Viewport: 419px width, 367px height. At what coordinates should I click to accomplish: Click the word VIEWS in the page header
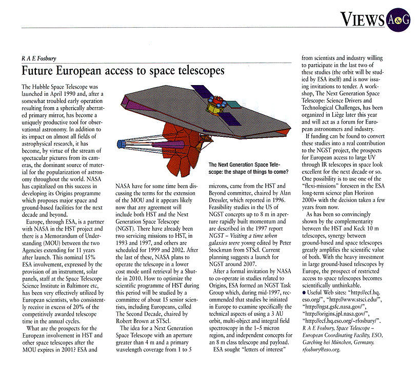pyautogui.click(x=363, y=19)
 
